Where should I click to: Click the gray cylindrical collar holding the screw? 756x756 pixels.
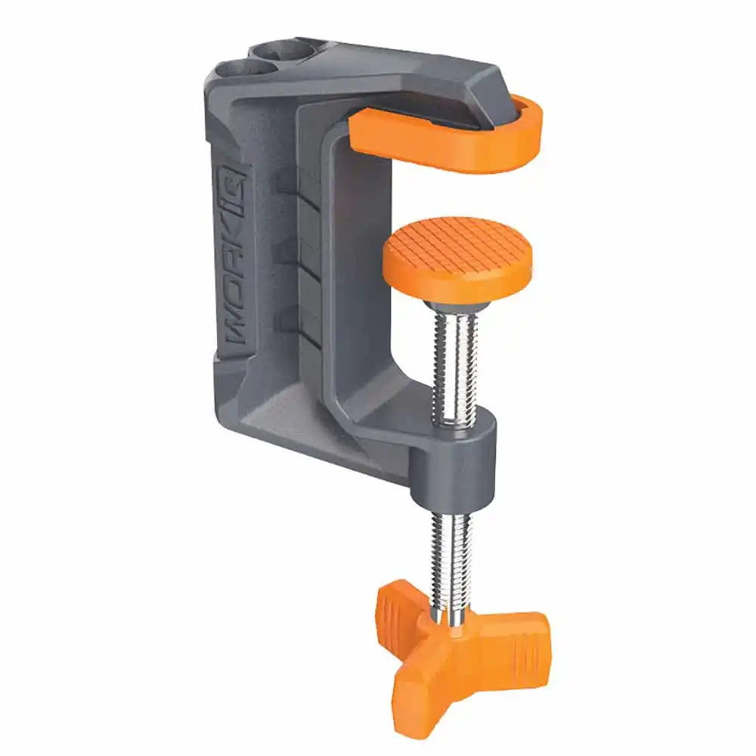(454, 461)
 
